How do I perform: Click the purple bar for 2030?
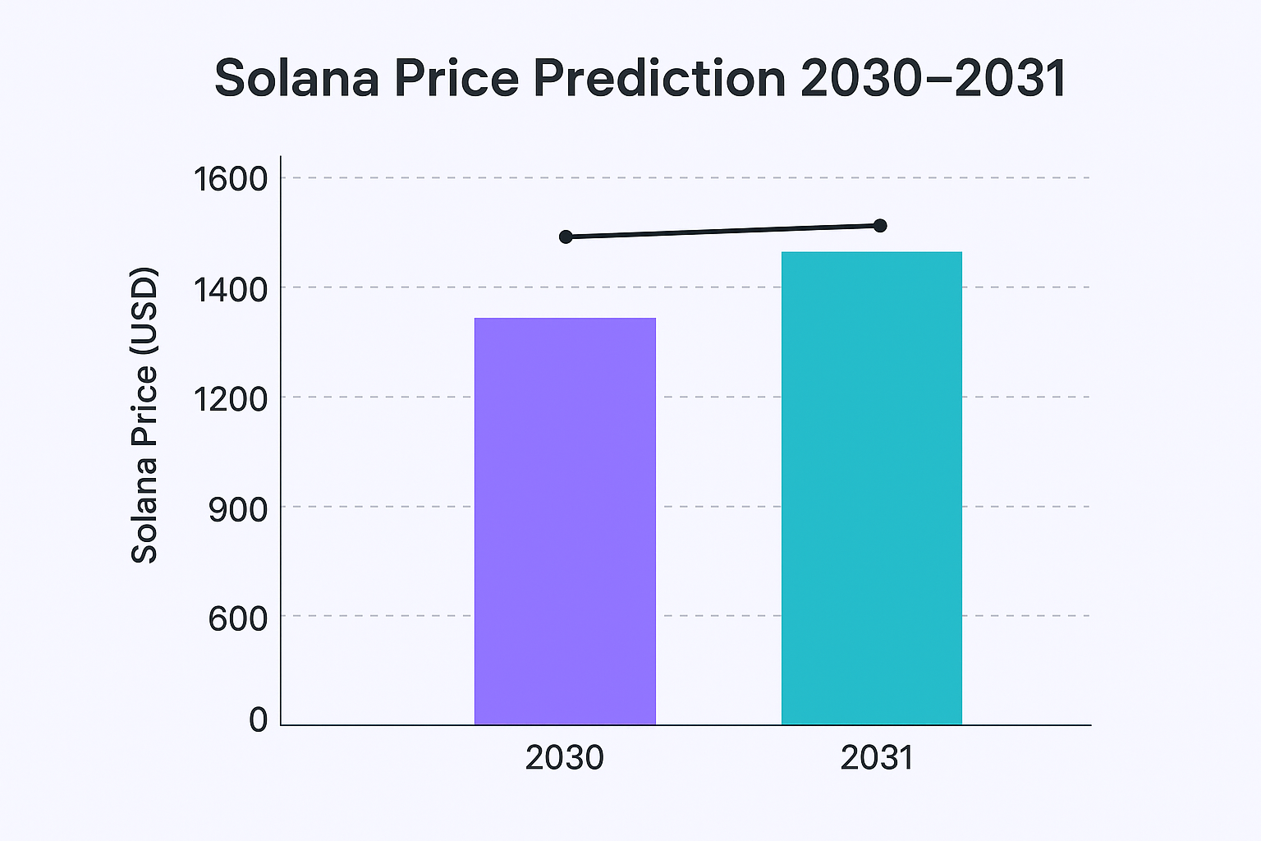(x=565, y=522)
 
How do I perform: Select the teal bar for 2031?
(x=871, y=489)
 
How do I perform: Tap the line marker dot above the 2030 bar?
(x=566, y=237)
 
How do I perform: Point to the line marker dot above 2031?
(x=880, y=226)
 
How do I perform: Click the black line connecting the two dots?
(x=722, y=232)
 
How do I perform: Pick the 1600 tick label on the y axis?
(x=230, y=178)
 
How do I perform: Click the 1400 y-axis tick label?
(x=230, y=289)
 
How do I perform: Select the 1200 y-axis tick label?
(x=230, y=399)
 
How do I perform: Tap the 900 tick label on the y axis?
(x=238, y=509)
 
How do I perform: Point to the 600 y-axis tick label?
(x=238, y=618)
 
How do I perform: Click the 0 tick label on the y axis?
(x=259, y=720)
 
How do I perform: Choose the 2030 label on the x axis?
(x=565, y=758)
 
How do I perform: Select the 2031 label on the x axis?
(x=877, y=758)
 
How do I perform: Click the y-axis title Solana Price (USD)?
(x=144, y=415)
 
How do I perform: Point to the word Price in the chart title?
(x=456, y=79)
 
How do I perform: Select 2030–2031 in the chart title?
(x=933, y=79)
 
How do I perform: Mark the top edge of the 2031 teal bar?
(x=871, y=253)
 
